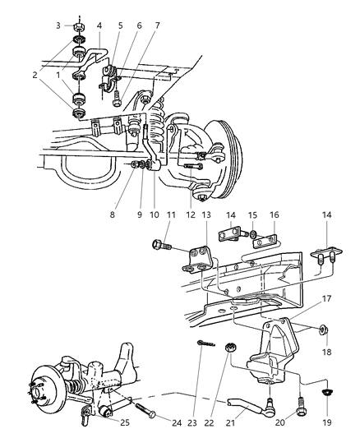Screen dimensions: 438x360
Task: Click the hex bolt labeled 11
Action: tap(161, 243)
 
